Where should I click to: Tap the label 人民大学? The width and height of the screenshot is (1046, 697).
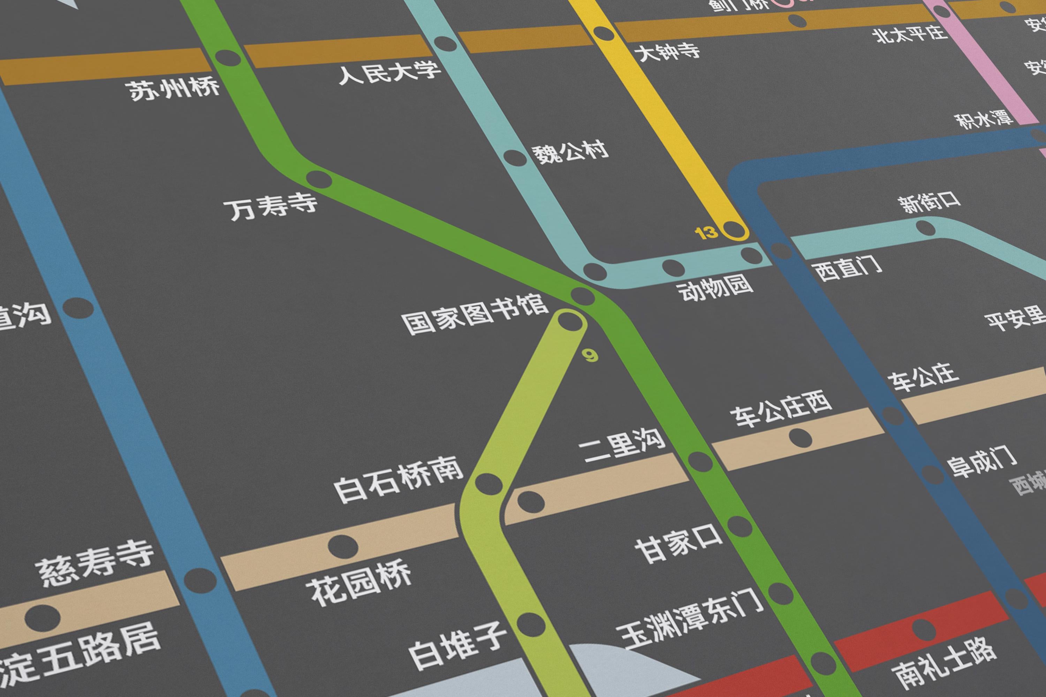click(x=389, y=72)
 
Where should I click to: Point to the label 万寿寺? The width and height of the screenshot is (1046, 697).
click(x=273, y=207)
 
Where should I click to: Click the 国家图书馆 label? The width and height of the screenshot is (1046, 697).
click(x=475, y=315)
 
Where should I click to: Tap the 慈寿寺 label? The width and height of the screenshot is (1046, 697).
click(x=95, y=565)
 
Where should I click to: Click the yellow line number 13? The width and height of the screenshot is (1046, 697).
click(x=706, y=233)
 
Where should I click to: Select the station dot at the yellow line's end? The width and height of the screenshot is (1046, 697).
click(x=734, y=230)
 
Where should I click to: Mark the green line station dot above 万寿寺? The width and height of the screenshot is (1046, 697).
click(x=319, y=180)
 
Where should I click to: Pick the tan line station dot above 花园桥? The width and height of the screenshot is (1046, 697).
click(x=343, y=545)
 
